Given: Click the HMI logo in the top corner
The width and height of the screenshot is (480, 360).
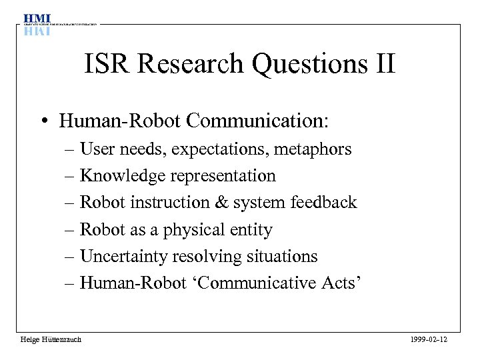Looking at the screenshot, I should [37, 23].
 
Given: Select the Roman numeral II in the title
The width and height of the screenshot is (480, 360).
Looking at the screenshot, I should [383, 65].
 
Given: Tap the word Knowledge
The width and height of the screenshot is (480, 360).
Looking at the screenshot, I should [123, 176].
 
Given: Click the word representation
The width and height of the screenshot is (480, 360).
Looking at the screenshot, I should [223, 176].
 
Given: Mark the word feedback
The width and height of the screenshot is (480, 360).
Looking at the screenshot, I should [324, 203].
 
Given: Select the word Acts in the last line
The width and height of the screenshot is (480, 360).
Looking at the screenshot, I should [343, 283].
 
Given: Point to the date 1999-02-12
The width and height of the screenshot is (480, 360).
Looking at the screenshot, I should [430, 339].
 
